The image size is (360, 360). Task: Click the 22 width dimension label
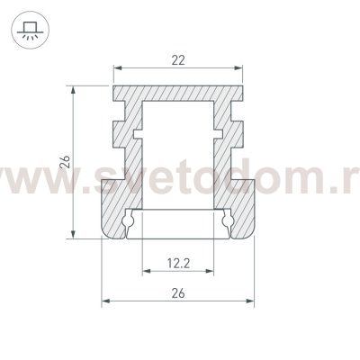[178, 60]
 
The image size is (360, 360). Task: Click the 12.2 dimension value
[178, 264]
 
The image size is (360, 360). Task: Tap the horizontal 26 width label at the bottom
[178, 292]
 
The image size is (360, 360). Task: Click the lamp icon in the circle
[31, 30]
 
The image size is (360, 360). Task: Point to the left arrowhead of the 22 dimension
[117, 68]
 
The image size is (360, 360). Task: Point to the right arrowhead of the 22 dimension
[238, 68]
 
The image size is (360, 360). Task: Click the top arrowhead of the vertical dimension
[72, 90]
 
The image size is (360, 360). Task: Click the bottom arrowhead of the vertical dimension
[72, 234]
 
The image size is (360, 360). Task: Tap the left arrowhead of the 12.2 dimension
[147, 271]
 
